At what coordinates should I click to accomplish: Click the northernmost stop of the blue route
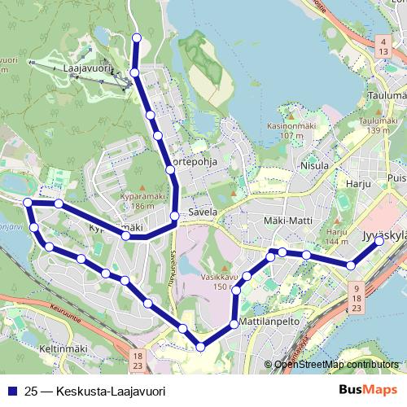[x=137, y=37]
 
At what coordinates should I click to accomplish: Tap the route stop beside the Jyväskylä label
[x=379, y=240]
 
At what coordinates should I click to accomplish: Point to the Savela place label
[x=203, y=212]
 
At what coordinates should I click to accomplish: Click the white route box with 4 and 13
[x=382, y=46]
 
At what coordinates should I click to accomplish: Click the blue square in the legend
[x=12, y=391]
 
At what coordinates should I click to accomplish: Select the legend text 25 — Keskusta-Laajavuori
[x=95, y=391]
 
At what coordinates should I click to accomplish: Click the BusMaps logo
[x=369, y=391]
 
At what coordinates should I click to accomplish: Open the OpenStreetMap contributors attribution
[x=336, y=365]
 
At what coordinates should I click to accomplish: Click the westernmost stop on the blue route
[x=28, y=202]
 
